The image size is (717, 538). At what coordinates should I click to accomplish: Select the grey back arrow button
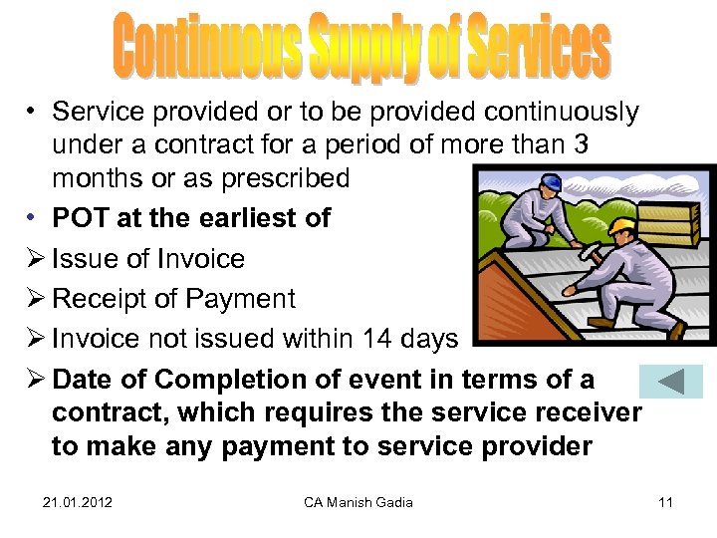670,382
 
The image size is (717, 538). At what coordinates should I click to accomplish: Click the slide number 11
666,502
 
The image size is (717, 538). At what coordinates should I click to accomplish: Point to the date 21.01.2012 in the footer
77,502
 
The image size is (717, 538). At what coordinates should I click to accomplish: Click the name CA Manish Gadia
358,502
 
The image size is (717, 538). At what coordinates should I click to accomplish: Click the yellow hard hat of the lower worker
623,228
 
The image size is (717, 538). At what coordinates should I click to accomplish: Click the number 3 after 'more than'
580,145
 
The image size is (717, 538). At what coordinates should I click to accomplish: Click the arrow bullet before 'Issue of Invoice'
34,259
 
